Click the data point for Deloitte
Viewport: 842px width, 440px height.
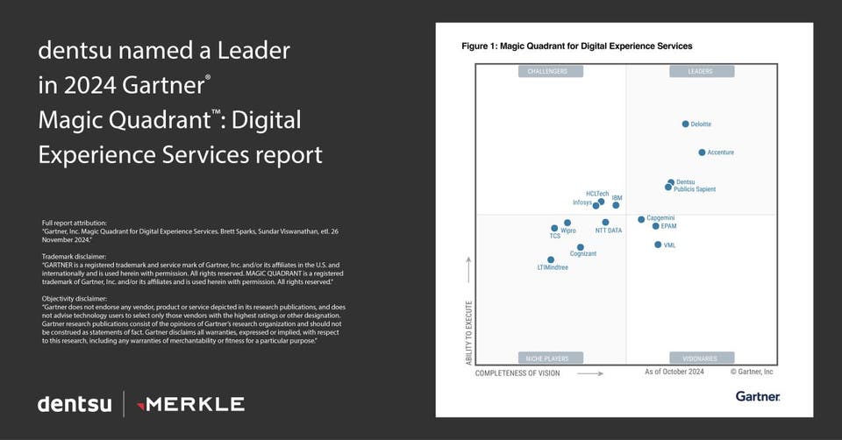click(x=685, y=124)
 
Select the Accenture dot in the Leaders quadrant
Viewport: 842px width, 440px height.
click(x=702, y=153)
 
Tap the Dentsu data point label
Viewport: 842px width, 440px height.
click(x=686, y=182)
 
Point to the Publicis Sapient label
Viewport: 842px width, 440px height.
click(x=695, y=189)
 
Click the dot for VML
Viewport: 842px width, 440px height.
click(x=658, y=245)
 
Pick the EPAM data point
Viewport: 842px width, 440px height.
click(x=655, y=226)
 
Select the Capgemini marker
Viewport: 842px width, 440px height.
click(x=641, y=219)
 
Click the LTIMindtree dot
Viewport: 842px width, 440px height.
click(x=551, y=259)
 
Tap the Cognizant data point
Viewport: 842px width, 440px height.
click(x=580, y=247)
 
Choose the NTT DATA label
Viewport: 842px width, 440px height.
click(x=609, y=231)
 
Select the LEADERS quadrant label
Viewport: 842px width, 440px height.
click(x=701, y=71)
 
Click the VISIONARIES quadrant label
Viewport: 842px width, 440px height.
click(x=701, y=358)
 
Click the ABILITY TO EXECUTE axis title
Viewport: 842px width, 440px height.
click(x=468, y=332)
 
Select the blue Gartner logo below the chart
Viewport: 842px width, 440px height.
click(x=758, y=397)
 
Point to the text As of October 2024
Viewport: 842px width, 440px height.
click(x=674, y=372)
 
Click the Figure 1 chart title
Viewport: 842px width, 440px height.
click(x=576, y=46)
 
